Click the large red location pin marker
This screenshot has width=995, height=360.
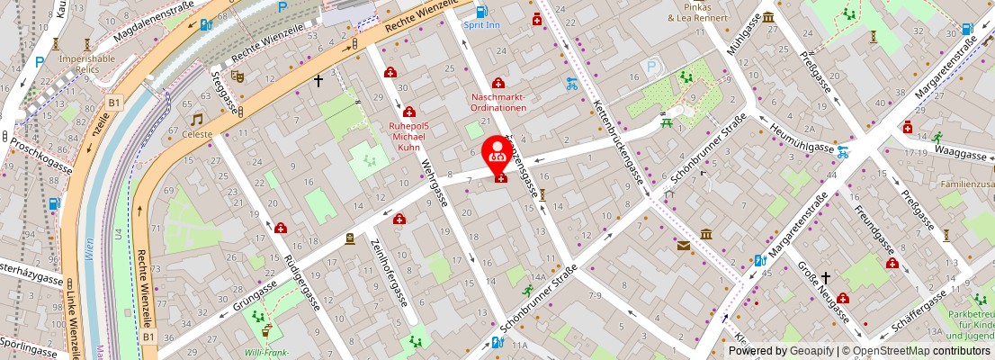tap(497, 154)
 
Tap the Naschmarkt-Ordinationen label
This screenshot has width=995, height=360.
tap(499, 101)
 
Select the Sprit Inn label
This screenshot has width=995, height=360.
tap(481, 25)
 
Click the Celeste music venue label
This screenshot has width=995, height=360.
tap(197, 135)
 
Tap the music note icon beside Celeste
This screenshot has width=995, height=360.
tap(196, 119)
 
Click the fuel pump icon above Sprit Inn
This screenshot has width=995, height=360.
tap(481, 12)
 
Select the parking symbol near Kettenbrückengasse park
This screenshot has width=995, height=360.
tap(651, 66)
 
